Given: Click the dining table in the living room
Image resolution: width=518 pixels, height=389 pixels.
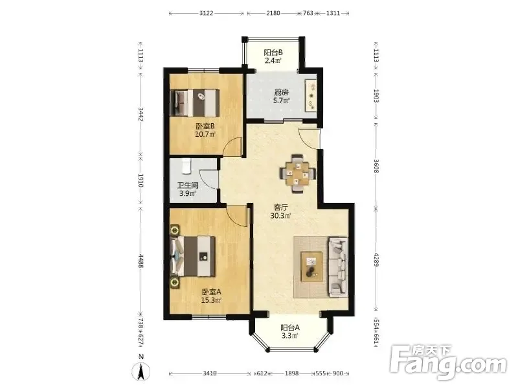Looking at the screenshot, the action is click(x=298, y=173).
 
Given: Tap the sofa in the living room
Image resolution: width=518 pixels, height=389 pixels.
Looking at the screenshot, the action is click(x=338, y=267).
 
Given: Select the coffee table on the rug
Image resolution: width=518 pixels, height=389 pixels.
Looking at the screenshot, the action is click(x=311, y=266).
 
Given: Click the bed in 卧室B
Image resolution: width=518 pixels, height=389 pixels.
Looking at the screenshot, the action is click(x=195, y=102).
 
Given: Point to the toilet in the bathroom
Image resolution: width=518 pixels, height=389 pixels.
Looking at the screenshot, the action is click(x=186, y=166).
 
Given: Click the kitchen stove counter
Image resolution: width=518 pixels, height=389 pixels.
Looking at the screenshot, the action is click(x=311, y=95).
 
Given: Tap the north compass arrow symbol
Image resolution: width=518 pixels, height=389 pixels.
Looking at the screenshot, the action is click(x=141, y=370).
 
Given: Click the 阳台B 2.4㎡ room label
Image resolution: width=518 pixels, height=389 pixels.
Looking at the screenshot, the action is click(x=273, y=56).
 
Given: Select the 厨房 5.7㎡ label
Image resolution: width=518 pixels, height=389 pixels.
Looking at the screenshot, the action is click(x=281, y=97).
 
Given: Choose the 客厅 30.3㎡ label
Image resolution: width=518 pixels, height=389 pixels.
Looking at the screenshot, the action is click(x=281, y=212).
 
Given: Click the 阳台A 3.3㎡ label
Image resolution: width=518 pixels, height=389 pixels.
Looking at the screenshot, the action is click(x=289, y=332).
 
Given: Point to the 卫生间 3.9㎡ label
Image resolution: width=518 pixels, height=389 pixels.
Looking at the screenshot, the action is click(x=187, y=189).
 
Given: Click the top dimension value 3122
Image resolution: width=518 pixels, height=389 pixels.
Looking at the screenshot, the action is click(x=207, y=13).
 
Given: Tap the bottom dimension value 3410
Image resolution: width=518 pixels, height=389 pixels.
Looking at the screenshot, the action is click(x=209, y=373).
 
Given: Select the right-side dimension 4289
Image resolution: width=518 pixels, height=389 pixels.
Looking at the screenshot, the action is click(x=376, y=260).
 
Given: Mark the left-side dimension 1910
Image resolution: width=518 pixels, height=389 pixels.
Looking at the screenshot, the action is click(x=141, y=181).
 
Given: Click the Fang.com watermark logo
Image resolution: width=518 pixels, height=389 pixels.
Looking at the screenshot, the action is click(x=448, y=363).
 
